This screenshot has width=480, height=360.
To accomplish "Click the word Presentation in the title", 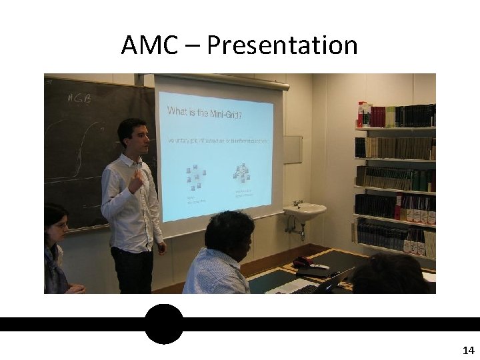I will pos(282,45).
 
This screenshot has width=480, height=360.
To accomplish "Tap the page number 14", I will pos(467,350).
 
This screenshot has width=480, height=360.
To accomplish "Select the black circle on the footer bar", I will pos(163,324).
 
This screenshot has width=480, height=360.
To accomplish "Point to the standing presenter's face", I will pos(133,139).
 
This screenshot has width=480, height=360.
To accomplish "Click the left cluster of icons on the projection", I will pos(194,178).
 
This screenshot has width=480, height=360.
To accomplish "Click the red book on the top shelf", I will pos(361,115).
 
